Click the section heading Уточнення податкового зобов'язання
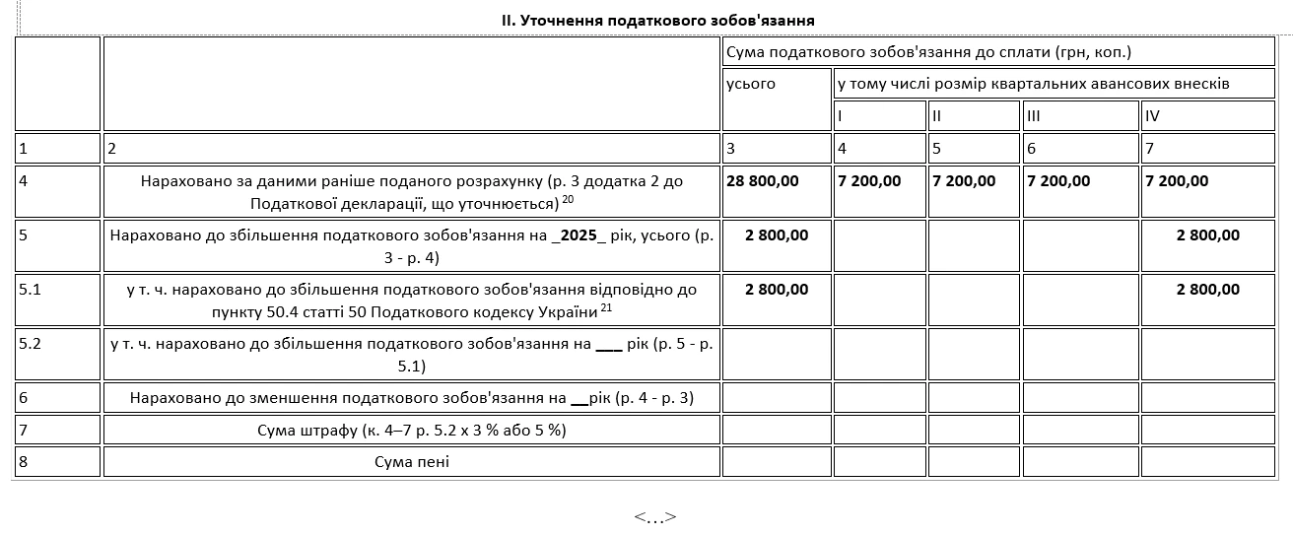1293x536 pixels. tap(657, 20)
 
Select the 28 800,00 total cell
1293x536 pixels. tap(763, 181)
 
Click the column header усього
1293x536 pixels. tap(751, 84)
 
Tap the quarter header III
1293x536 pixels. tap(1034, 116)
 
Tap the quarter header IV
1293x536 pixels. tap(1152, 116)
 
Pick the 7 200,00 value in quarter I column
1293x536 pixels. tap(869, 181)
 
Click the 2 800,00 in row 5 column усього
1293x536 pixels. tap(777, 235)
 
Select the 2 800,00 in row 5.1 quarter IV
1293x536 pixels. tap(1208, 290)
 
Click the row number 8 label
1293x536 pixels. tap(24, 461)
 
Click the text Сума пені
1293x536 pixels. tap(412, 461)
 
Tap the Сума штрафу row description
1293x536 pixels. tap(412, 431)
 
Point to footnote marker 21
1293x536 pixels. tap(607, 308)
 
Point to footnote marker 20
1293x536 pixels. tap(569, 199)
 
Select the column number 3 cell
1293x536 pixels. tap(730, 148)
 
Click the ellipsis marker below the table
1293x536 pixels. tap(655, 517)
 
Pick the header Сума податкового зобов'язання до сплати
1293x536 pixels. tap(927, 51)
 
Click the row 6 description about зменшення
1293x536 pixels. tap(412, 398)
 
